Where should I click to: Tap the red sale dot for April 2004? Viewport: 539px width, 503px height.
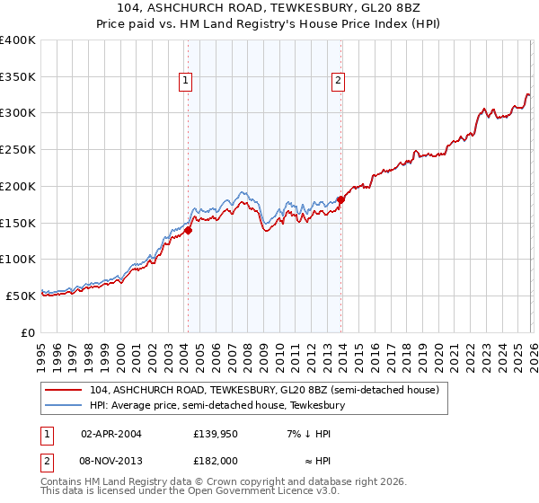tap(189, 230)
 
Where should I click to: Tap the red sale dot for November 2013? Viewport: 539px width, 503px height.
tap(340, 199)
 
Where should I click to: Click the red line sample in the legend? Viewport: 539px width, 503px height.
tap(65, 390)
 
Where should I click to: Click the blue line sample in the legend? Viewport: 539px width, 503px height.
tap(65, 405)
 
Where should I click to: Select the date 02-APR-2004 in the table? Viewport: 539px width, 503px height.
tap(110, 434)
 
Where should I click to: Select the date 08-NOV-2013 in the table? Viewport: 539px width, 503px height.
tap(111, 461)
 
